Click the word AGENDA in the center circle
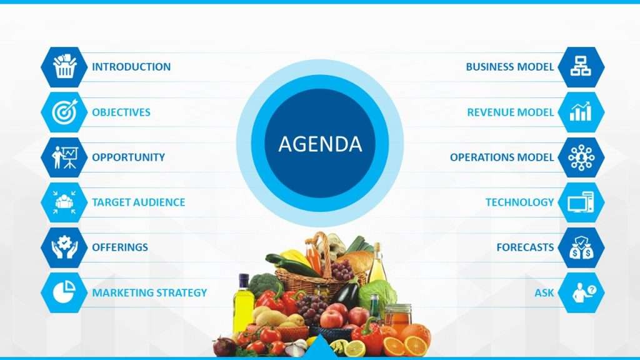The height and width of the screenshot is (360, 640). pos(320,144)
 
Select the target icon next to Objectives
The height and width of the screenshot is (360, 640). pos(64,112)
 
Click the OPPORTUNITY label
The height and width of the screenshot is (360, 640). pos(128,157)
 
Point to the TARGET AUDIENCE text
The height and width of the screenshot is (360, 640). pos(138,202)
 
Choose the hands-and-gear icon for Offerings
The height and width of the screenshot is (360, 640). pos(64,247)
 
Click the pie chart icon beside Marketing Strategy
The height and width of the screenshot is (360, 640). pos(64,292)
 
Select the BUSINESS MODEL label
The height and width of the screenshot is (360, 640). pos(510,67)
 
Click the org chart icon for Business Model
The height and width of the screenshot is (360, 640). pos(581,66)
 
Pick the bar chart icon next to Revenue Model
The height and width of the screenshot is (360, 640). pos(581,111)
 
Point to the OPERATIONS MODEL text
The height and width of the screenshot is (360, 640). pos(502,157)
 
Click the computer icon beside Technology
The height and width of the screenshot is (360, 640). pos(581,202)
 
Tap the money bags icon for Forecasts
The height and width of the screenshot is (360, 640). pos(581,247)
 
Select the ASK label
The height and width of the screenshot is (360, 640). pos(544,292)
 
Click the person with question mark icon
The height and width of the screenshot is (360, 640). pos(584,292)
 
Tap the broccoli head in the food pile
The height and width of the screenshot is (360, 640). pos(264,284)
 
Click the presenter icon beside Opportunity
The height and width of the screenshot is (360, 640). pos(64,157)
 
